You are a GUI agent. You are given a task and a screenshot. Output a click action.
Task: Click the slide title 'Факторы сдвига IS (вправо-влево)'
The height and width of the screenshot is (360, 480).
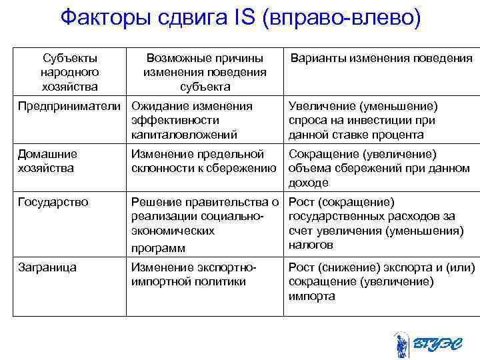click(x=240, y=17)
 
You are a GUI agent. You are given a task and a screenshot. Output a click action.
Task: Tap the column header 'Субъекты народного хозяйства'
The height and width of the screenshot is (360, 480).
click(x=69, y=72)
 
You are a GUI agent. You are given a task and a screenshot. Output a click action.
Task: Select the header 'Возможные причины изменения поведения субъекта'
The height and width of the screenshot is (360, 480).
click(x=205, y=72)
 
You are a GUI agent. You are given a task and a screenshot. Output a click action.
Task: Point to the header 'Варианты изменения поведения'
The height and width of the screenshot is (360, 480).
click(x=381, y=59)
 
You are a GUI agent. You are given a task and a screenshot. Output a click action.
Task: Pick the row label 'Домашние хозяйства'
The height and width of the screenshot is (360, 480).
click(x=47, y=161)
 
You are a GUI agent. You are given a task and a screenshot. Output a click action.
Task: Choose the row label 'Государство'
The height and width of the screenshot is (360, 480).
click(x=53, y=202)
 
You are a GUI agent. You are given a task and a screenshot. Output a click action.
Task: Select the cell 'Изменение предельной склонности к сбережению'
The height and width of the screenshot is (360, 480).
click(x=203, y=161)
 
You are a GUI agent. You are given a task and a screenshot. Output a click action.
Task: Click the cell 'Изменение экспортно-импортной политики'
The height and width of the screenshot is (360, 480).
click(x=194, y=274)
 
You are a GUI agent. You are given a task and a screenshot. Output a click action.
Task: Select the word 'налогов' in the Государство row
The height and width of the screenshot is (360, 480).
click(x=311, y=245)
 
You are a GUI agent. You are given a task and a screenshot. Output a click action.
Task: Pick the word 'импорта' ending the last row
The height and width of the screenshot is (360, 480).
click(x=312, y=296)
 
